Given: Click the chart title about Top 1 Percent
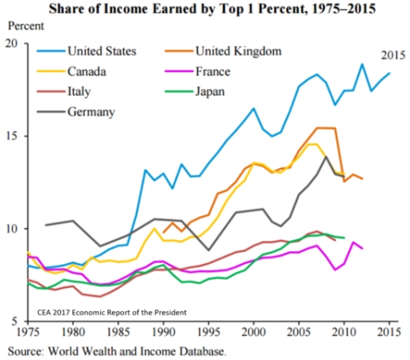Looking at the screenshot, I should (205, 9).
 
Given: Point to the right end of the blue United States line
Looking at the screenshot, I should (389, 74).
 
